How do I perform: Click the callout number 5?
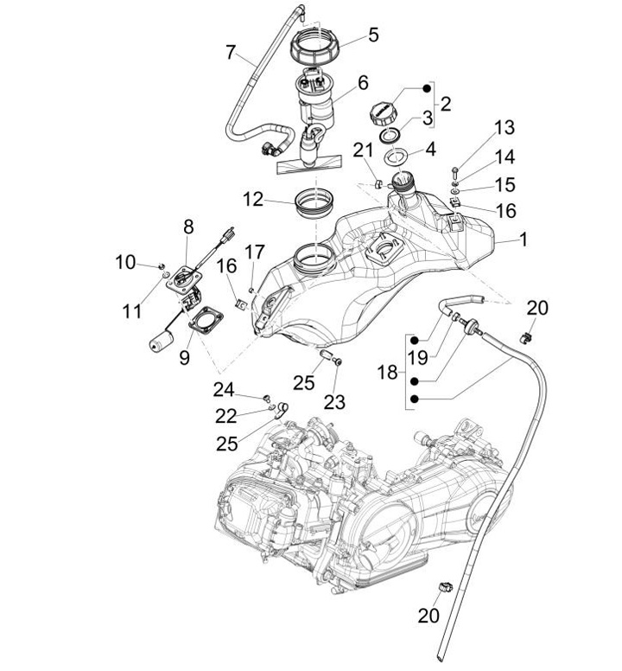tap(373, 35)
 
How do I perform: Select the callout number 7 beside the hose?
tap(231, 53)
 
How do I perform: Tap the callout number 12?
tap(253, 200)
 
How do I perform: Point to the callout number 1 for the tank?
tap(524, 240)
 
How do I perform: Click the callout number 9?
tap(184, 357)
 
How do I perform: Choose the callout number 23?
tap(334, 402)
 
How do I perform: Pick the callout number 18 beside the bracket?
tap(387, 373)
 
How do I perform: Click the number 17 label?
tap(255, 252)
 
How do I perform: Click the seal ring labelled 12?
tap(314, 204)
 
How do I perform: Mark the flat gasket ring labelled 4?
tap(396, 157)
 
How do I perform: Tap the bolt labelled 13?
tap(454, 172)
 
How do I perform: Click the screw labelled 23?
tap(338, 362)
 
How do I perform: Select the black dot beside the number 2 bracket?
tap(427, 88)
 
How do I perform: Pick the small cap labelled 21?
tap(378, 184)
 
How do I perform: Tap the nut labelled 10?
tap(162, 266)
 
